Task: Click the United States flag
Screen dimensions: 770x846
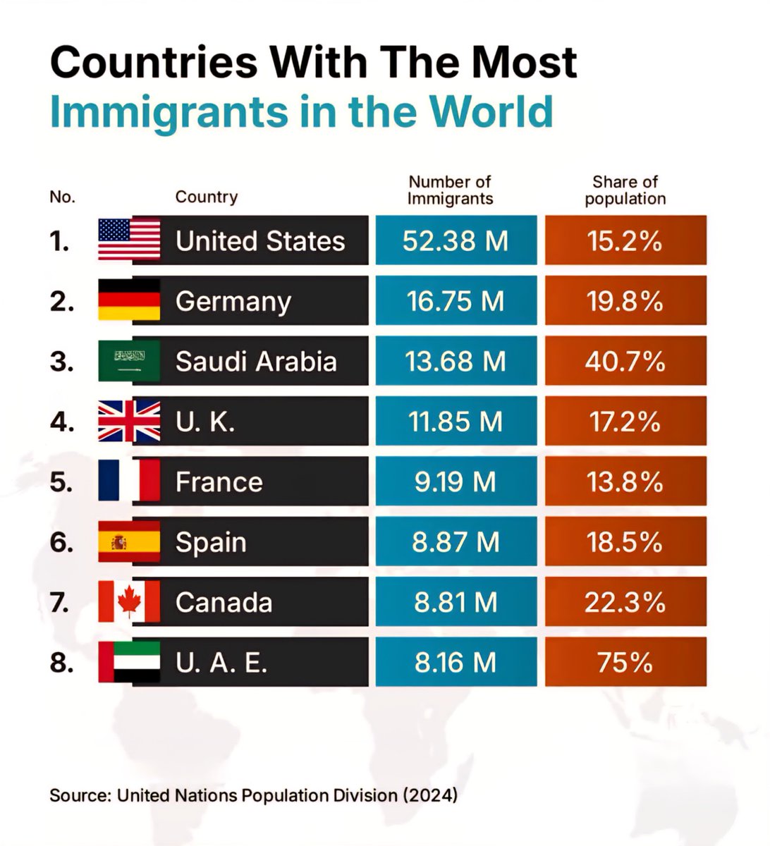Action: (129, 239)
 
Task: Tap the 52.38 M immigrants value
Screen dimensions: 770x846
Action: (456, 241)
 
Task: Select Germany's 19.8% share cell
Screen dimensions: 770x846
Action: (625, 300)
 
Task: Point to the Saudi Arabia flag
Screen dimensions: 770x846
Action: (129, 361)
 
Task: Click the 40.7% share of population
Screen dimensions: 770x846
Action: (625, 362)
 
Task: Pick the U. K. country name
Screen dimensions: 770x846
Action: (205, 422)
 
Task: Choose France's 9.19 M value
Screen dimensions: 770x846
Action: (456, 482)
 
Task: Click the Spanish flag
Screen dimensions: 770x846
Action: (129, 541)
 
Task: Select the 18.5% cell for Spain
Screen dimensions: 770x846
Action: (625, 541)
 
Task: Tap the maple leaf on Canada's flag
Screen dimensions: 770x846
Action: (129, 599)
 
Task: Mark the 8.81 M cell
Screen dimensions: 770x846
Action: (456, 601)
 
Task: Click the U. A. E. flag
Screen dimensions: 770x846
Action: (129, 662)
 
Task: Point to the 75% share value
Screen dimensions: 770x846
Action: (625, 663)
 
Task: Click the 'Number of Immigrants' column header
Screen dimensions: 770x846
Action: (450, 190)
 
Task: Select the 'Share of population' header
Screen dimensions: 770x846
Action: (625, 190)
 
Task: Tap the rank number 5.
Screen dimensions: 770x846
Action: (61, 482)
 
